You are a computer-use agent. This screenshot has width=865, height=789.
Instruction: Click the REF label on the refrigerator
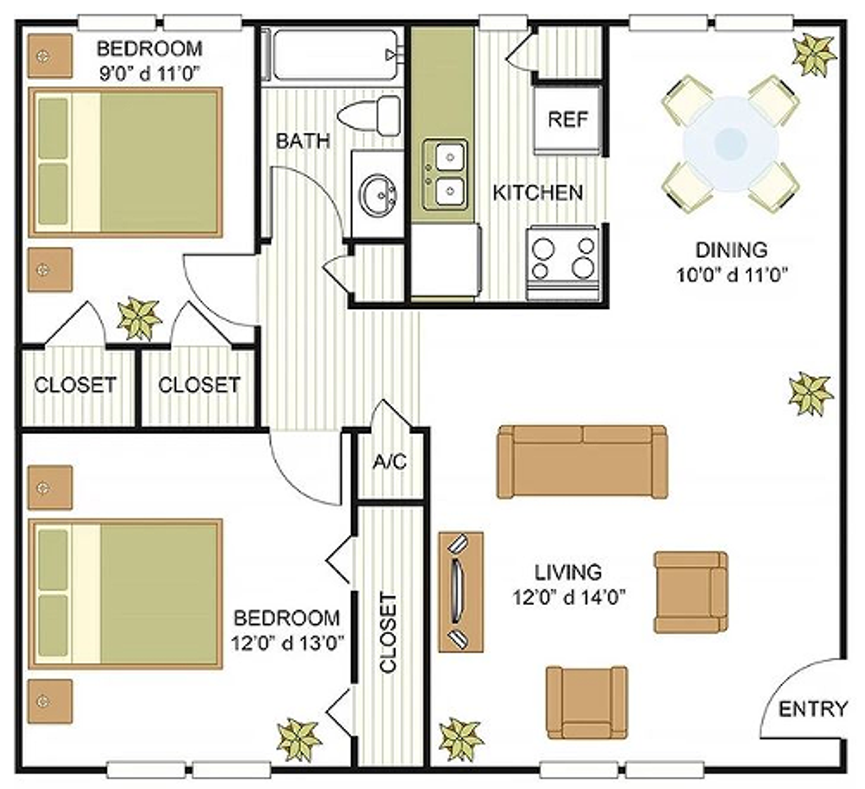coord(568,119)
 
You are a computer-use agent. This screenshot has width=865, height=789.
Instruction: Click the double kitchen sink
coord(445,173)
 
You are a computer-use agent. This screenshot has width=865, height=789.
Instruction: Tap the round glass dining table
coord(730,143)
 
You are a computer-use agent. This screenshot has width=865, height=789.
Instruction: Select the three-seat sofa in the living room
coord(582,462)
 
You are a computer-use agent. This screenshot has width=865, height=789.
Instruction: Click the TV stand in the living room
coord(461,592)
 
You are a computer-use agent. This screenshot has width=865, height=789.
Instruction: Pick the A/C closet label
coord(390,462)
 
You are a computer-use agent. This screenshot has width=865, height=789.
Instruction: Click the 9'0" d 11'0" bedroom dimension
coord(149,73)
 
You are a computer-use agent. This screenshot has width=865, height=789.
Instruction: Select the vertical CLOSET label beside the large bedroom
coord(388,633)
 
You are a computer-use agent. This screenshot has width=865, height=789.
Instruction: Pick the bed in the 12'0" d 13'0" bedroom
coord(126,594)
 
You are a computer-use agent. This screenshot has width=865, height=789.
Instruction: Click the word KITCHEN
coord(537,193)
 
